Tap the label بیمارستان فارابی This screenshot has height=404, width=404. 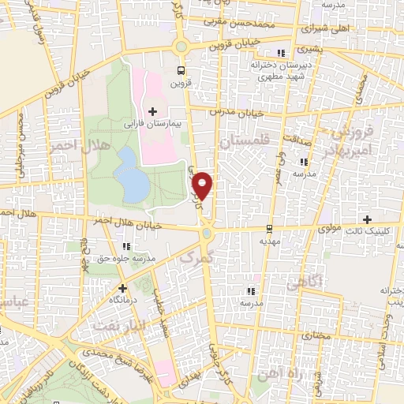pyautogui.click(x=155, y=125)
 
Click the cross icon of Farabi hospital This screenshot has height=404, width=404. pyautogui.click(x=153, y=111)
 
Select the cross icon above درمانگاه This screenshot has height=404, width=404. pyautogui.click(x=122, y=288)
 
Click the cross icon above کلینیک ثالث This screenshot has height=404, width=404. pyautogui.click(x=367, y=219)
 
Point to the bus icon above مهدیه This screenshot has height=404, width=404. pyautogui.click(x=270, y=230)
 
